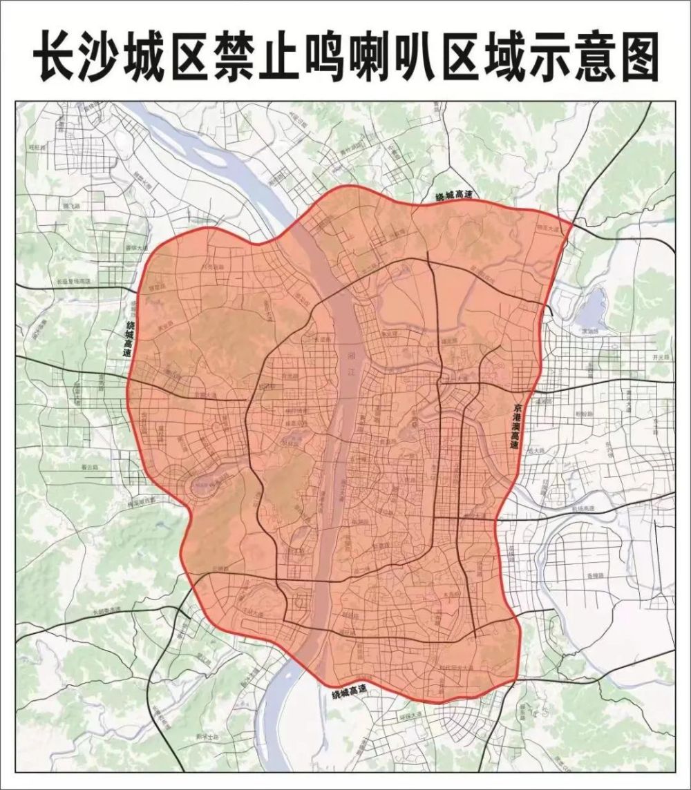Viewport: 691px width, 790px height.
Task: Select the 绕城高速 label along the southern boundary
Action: tap(349, 691)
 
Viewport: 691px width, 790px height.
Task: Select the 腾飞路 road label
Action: tap(70, 206)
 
